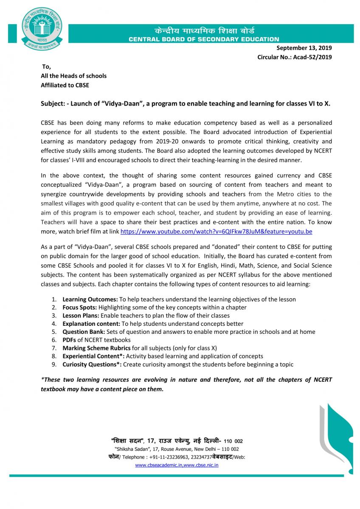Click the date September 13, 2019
coord(304,48)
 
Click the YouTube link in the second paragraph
coord(217,232)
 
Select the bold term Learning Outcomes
coord(90,299)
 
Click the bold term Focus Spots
coord(79,307)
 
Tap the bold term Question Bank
coord(84,332)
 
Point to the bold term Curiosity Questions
coord(92,364)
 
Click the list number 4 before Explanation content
coord(54,324)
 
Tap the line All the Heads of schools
coord(73,76)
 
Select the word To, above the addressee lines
coord(46,67)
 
